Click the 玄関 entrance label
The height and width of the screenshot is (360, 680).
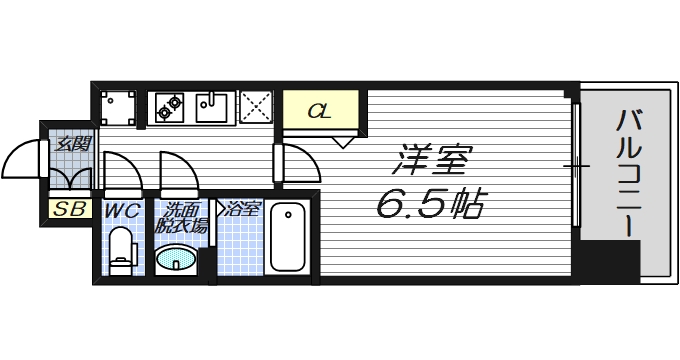pos(72,144)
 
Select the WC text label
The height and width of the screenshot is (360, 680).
pos(122,211)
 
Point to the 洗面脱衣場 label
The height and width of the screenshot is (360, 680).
pos(185,217)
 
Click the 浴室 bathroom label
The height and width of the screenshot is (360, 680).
pos(242,209)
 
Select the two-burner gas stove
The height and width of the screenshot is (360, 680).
pos(168,104)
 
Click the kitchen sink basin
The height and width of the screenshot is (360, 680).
pos(213,104)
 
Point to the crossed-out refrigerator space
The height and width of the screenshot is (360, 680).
pos(255,106)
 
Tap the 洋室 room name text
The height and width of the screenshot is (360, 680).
pos(431,159)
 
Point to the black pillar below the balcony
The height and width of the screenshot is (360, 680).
pos(612,261)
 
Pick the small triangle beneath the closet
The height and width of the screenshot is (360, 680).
pos(344,142)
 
